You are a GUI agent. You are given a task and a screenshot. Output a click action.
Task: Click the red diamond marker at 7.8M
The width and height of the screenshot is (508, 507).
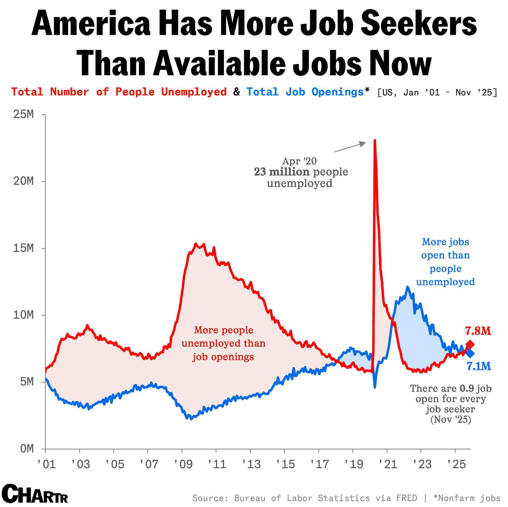point(470,344)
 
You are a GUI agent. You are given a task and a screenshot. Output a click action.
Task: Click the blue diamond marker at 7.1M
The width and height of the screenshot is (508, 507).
point(470,353)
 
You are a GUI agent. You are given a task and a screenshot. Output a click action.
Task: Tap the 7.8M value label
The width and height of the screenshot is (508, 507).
point(478,331)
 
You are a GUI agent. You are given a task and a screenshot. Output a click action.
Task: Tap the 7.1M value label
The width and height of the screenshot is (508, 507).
point(479,367)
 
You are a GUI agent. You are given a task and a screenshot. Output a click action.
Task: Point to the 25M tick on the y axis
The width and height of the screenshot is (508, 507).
point(23,114)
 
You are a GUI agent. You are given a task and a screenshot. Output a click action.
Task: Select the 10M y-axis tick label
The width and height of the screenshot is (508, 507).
point(23,315)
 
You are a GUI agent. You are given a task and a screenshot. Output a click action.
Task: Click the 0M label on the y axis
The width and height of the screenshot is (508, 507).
point(27,449)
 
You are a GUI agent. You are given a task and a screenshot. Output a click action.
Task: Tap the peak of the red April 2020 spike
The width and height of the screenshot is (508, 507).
point(375,140)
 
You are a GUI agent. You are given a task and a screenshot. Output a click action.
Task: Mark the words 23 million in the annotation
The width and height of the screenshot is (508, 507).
point(281,172)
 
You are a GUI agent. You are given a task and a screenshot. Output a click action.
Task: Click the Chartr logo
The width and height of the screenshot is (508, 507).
point(35,494)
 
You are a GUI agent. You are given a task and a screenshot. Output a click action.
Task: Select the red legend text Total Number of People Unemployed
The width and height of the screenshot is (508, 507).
point(119,92)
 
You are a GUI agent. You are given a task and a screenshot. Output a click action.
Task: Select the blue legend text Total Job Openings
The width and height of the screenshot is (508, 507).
point(305,92)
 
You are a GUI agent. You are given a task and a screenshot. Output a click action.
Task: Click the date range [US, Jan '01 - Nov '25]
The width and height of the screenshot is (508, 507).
point(438,93)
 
